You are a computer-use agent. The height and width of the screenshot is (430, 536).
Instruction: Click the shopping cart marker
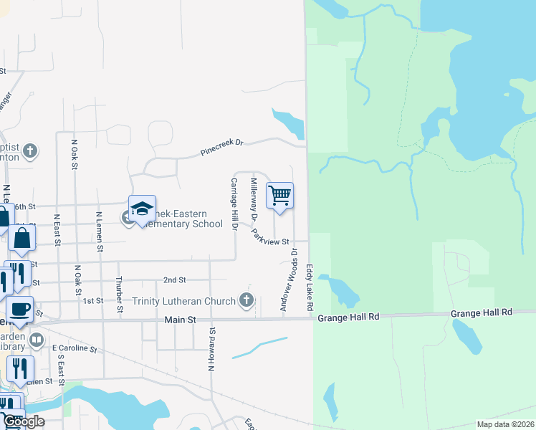pyautogui.click(x=279, y=195)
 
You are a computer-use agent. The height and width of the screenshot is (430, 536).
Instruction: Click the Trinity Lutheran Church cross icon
pyautogui.click(x=247, y=300)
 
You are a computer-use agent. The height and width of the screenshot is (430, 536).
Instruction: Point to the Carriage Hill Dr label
pyautogui.click(x=233, y=204)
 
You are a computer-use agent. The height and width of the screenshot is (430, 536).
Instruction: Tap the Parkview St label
pyautogui.click(x=270, y=236)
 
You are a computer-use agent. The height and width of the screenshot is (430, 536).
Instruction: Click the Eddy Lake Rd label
pyautogui.click(x=310, y=286)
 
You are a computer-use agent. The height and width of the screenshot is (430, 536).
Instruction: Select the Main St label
pyautogui.click(x=180, y=320)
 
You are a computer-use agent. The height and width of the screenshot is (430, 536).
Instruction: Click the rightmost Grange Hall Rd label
pyautogui.click(x=482, y=313)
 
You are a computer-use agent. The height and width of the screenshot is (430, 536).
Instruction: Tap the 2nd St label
pyautogui.click(x=174, y=279)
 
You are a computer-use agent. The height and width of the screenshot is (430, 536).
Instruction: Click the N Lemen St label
pyautogui.click(x=100, y=231)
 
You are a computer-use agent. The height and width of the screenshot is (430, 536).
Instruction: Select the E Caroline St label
pyautogui.click(x=75, y=348)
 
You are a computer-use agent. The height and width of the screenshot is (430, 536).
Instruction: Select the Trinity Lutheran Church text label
pyautogui.click(x=184, y=301)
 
